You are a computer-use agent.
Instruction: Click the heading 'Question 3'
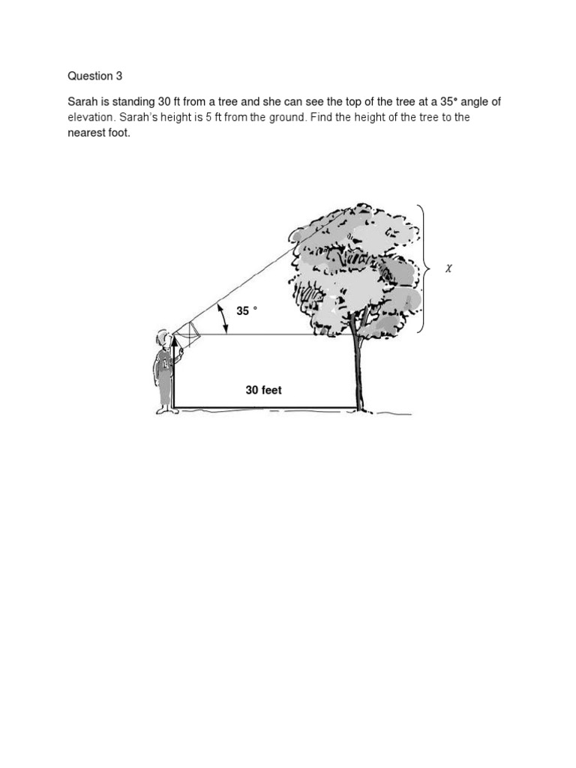coord(94,76)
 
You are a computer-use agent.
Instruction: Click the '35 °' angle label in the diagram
coord(247,310)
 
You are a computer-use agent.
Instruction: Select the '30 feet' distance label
coord(264,390)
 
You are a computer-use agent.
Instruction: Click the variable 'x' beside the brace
coord(448,268)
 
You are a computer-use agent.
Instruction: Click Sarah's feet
coord(163,409)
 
